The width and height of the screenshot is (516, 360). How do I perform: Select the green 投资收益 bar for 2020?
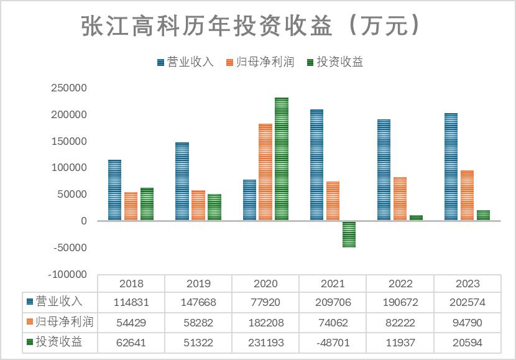282,159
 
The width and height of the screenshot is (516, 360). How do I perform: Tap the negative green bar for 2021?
349,234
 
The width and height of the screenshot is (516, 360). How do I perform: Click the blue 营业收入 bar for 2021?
316,165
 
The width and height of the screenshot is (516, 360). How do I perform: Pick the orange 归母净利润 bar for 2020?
265,172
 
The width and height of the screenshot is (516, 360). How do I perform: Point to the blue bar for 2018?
114,190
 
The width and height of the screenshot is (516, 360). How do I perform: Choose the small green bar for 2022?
416,218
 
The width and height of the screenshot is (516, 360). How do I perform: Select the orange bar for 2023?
467,195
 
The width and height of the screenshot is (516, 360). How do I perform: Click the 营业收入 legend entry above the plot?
185,62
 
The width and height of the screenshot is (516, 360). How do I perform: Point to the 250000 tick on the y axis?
69,88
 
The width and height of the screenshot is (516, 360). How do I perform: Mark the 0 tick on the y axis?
83,221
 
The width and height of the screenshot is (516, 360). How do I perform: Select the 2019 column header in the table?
198,284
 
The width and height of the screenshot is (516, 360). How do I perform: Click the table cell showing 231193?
265,342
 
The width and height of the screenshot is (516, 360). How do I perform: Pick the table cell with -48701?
333,342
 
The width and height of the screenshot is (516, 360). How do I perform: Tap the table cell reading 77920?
265,303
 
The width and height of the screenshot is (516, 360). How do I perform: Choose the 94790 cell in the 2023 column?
468,323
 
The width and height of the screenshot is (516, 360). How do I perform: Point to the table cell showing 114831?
131,303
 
